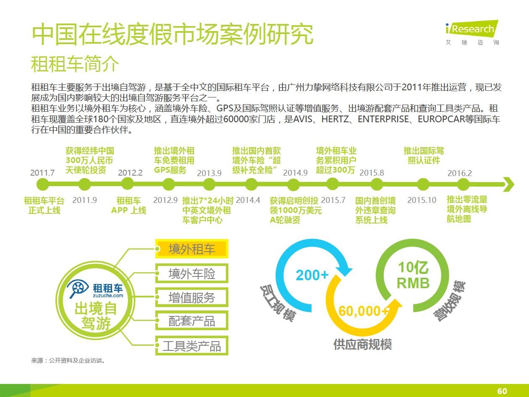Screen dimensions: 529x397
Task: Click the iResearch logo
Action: tap(472, 32)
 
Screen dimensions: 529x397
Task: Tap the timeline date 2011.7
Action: tap(42, 173)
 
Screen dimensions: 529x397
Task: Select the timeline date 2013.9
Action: tap(209, 173)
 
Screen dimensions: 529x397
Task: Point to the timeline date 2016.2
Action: tap(460, 173)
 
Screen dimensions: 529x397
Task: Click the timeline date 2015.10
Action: tap(422, 200)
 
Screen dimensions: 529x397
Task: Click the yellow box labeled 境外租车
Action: tap(191, 249)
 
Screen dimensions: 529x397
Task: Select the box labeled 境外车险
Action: tap(191, 273)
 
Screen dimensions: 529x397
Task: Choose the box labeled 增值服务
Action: tap(191, 297)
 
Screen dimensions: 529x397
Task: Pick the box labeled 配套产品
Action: tap(191, 321)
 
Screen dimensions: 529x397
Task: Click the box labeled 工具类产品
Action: tap(191, 346)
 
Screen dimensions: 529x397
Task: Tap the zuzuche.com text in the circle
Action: tap(108, 295)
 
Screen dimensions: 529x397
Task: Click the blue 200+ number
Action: tap(312, 275)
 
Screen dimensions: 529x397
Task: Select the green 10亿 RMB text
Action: tap(413, 275)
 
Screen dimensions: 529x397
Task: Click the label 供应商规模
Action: tap(363, 344)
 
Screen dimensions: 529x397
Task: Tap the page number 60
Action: tap(502, 391)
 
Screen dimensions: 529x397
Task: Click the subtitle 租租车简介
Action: tap(75, 64)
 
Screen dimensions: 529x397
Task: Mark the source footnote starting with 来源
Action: tap(68, 360)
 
